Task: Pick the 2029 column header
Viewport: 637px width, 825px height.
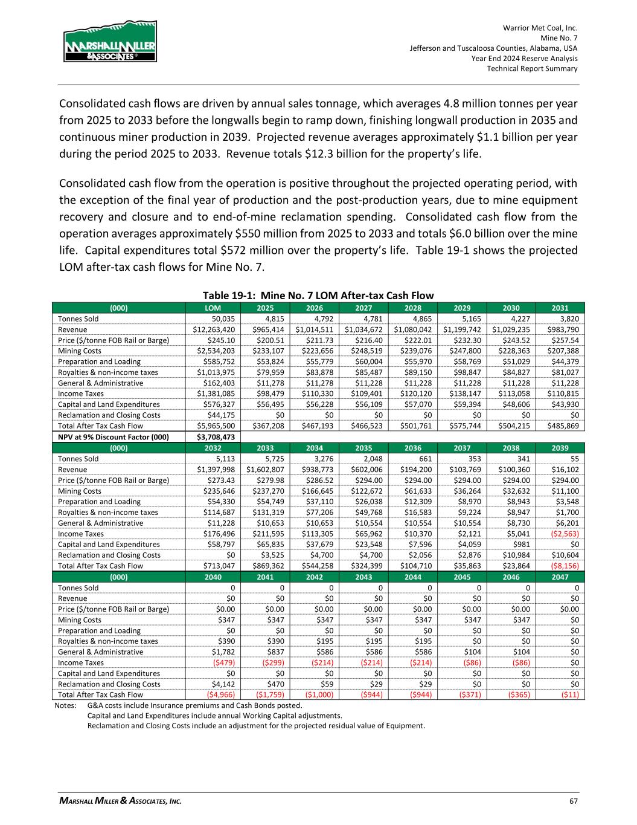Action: (x=462, y=307)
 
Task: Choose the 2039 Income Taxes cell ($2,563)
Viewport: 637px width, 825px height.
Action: (x=565, y=534)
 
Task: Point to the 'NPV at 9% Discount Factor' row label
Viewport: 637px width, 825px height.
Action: (x=113, y=436)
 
